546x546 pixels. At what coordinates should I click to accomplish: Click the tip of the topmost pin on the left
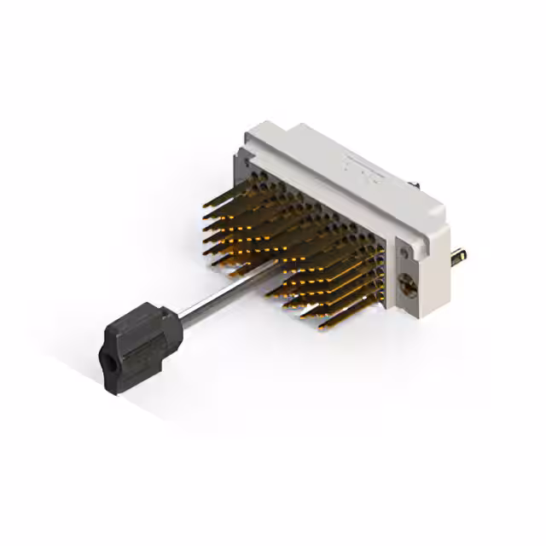[205, 204]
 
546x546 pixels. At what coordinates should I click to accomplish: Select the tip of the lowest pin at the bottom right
[322, 325]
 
